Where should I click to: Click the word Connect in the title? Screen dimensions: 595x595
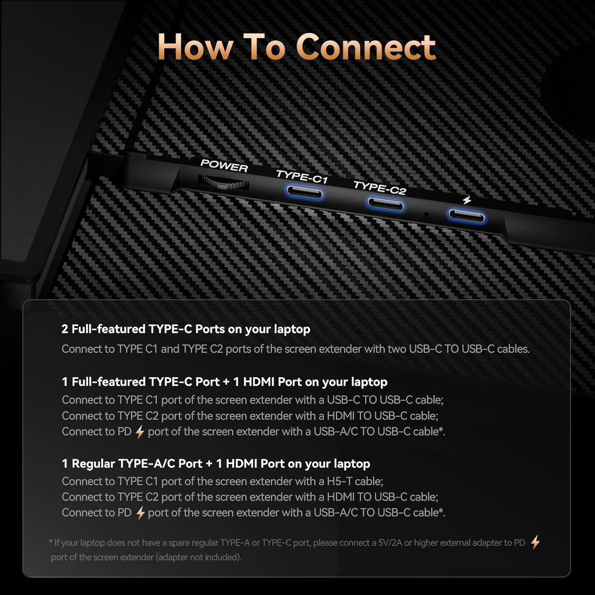tap(366, 47)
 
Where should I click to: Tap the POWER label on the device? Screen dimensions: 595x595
tap(224, 166)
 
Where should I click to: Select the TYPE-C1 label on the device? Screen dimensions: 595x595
tap(302, 177)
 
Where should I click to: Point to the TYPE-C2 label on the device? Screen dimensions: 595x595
tap(380, 187)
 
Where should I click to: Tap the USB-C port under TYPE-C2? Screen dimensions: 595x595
tap(385, 204)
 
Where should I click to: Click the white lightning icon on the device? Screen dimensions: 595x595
tap(467, 200)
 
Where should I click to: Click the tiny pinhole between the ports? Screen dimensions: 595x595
tap(426, 214)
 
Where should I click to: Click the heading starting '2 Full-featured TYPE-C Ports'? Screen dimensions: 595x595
tap(186, 329)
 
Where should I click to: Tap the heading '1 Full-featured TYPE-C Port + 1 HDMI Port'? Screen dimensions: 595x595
tap(224, 382)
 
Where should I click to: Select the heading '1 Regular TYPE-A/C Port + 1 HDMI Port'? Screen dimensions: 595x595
tap(216, 464)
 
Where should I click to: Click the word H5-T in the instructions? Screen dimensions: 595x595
tap(339, 481)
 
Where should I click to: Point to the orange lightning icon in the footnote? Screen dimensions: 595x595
tap(535, 542)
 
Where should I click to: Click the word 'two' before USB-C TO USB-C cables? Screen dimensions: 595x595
tap(397, 349)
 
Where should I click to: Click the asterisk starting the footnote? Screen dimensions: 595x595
tap(51, 542)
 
